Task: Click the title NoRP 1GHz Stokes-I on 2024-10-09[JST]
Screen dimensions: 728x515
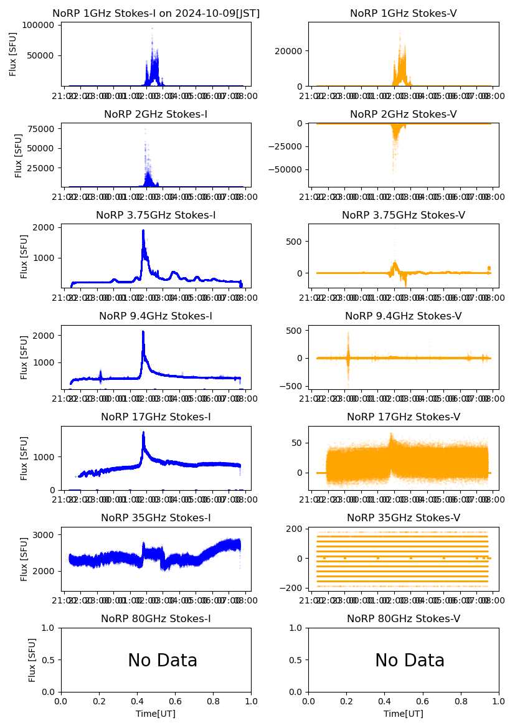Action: pyautogui.click(x=156, y=13)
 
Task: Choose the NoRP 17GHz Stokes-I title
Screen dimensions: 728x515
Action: pyautogui.click(x=156, y=417)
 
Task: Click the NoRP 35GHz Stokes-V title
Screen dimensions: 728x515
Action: pyautogui.click(x=403, y=518)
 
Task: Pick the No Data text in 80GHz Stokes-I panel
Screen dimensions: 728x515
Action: pyautogui.click(x=163, y=661)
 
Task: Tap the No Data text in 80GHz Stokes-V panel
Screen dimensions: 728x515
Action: pyautogui.click(x=410, y=661)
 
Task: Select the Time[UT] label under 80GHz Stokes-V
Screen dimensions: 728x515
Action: pyautogui.click(x=403, y=714)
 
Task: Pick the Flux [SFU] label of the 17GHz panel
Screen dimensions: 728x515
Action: pyautogui.click(x=24, y=458)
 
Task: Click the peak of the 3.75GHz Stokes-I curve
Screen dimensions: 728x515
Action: pyautogui.click(x=143, y=230)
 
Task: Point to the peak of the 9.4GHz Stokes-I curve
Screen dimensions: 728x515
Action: pyautogui.click(x=143, y=331)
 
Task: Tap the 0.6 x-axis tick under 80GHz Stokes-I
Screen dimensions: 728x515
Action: pyautogui.click(x=175, y=701)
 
